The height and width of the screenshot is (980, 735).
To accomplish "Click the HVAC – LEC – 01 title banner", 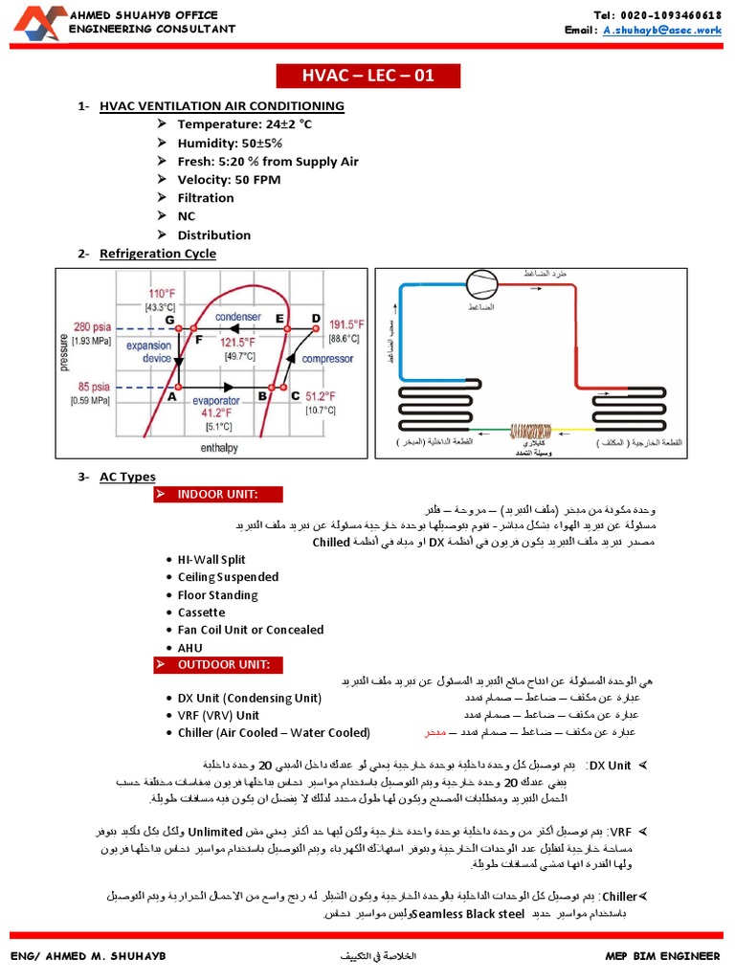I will pos(355,76).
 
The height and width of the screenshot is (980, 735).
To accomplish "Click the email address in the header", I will pos(661,30).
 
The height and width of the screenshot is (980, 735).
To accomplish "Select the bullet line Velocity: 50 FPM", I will pos(228,179).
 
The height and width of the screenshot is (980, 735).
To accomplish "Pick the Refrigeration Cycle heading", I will pos(158,254).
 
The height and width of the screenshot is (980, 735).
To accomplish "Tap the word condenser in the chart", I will pos(237,317).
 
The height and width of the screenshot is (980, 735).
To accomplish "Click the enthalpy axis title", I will pos(218,447).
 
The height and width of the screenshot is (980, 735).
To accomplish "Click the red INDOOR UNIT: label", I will pos(218,494).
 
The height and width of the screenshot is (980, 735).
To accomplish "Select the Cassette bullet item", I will pos(201,612).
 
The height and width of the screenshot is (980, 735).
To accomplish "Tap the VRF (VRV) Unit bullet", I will pos(218,715).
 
